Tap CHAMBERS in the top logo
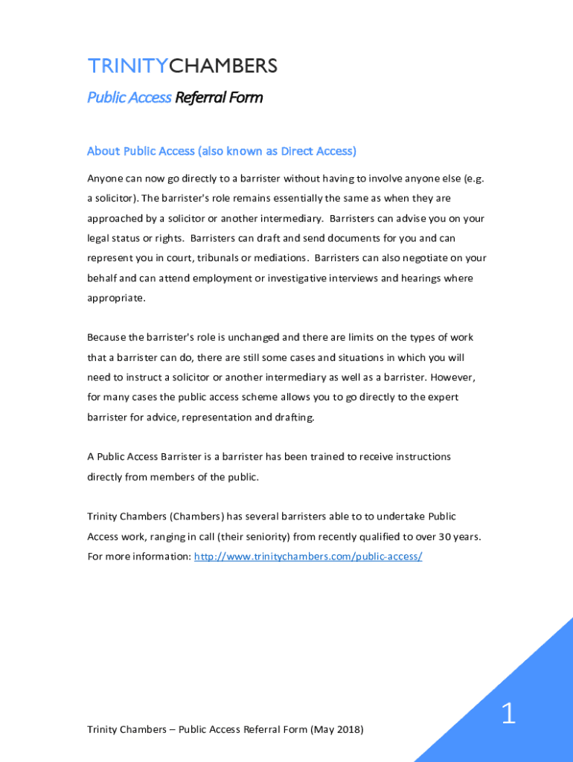pyautogui.click(x=223, y=66)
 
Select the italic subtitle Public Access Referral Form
pyautogui.click(x=175, y=97)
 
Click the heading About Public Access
pyautogui.click(x=141, y=151)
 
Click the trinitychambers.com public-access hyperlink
pyautogui.click(x=308, y=556)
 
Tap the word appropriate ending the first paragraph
pyautogui.click(x=115, y=298)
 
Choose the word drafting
pyautogui.click(x=295, y=417)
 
